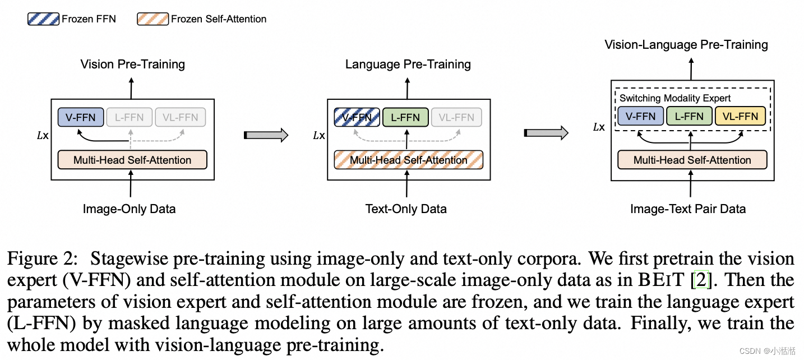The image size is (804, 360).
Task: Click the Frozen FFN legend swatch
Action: [43, 19]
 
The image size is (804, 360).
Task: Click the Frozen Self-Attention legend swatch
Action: [153, 19]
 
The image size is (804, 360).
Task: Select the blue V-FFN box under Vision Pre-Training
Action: [81, 117]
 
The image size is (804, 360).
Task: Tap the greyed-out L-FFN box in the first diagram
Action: [129, 117]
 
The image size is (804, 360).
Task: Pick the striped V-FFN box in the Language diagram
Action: [357, 117]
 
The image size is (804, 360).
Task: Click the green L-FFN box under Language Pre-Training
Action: [405, 117]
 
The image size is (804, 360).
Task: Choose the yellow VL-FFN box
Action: [740, 117]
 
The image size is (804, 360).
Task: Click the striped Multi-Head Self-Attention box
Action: [408, 160]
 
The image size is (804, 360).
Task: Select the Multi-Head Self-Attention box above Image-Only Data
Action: [132, 160]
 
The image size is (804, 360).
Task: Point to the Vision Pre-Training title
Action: [132, 64]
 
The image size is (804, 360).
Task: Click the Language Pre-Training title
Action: [408, 64]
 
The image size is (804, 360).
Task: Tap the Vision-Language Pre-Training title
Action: [686, 44]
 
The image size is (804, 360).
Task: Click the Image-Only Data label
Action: [129, 209]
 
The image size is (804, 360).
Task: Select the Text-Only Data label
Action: [406, 209]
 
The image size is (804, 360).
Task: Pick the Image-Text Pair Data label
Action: [688, 209]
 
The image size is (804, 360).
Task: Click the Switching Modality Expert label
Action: [675, 98]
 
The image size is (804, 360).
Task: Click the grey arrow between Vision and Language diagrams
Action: [267, 135]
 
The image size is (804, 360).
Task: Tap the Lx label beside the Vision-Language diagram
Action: [599, 127]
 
